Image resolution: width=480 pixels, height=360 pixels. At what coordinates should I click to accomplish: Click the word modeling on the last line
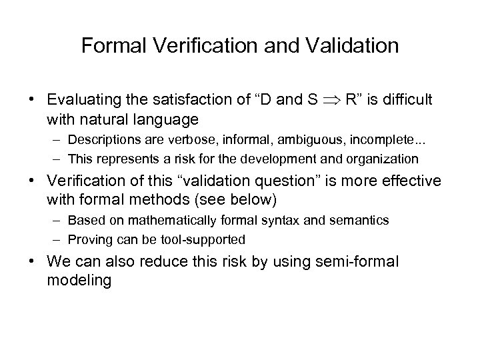pyautogui.click(x=79, y=280)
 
